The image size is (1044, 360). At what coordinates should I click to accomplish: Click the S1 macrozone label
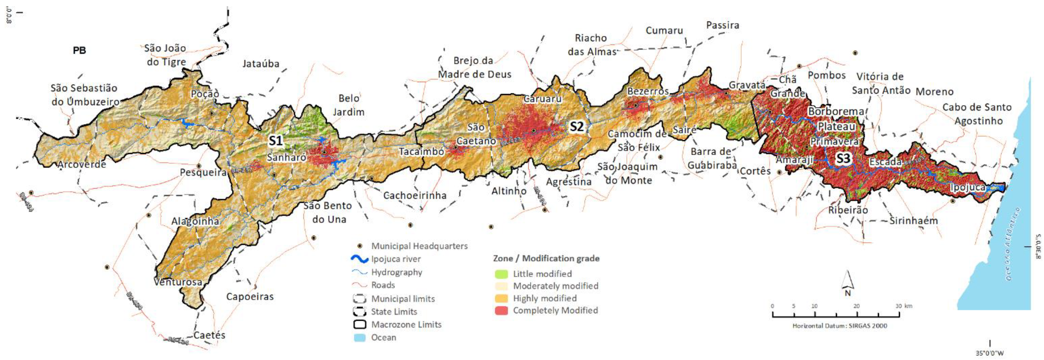(276, 141)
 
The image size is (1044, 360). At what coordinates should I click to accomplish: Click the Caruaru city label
(542, 99)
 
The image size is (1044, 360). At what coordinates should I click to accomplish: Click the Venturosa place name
(178, 281)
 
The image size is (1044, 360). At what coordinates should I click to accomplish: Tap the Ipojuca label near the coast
(968, 187)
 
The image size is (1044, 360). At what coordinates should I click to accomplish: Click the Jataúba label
(261, 64)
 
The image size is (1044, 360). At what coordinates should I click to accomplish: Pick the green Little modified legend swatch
(501, 274)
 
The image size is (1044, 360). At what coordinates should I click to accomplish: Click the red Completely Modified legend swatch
(501, 311)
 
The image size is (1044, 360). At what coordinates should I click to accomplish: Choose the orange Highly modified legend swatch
(501, 298)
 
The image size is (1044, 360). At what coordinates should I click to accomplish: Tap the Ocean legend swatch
(359, 338)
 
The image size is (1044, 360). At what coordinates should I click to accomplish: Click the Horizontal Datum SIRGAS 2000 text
(840, 325)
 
